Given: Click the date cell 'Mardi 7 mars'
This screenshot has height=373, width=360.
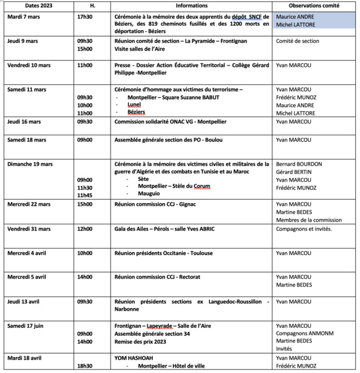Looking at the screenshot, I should pos(25,17).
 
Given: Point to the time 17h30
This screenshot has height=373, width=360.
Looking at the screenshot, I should pos(85,17).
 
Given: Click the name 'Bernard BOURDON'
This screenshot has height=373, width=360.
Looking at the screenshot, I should pos(299,164).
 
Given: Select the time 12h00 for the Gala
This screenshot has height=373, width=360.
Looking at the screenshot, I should pos(85,229).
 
